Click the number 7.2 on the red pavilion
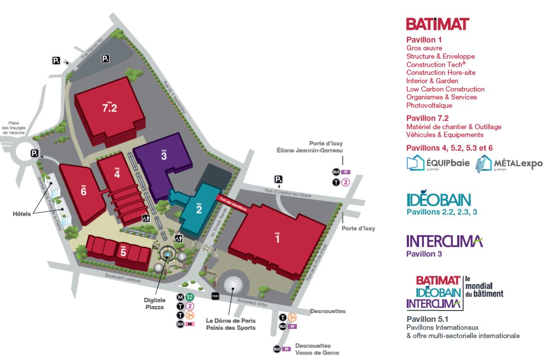point(110,108)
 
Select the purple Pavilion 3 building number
point(164,156)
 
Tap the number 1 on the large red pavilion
point(277,239)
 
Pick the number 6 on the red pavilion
point(83,191)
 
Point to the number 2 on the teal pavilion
point(199,210)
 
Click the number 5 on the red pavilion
point(123,253)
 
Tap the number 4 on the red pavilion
point(117,174)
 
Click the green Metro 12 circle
point(189,297)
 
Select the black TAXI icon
point(215,296)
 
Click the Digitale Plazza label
point(155,303)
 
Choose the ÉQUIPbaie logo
point(438,163)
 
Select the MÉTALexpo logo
point(509,163)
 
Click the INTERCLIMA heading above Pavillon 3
point(444,241)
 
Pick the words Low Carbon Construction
point(445,89)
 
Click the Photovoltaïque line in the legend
point(429,105)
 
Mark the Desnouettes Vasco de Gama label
point(313,349)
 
